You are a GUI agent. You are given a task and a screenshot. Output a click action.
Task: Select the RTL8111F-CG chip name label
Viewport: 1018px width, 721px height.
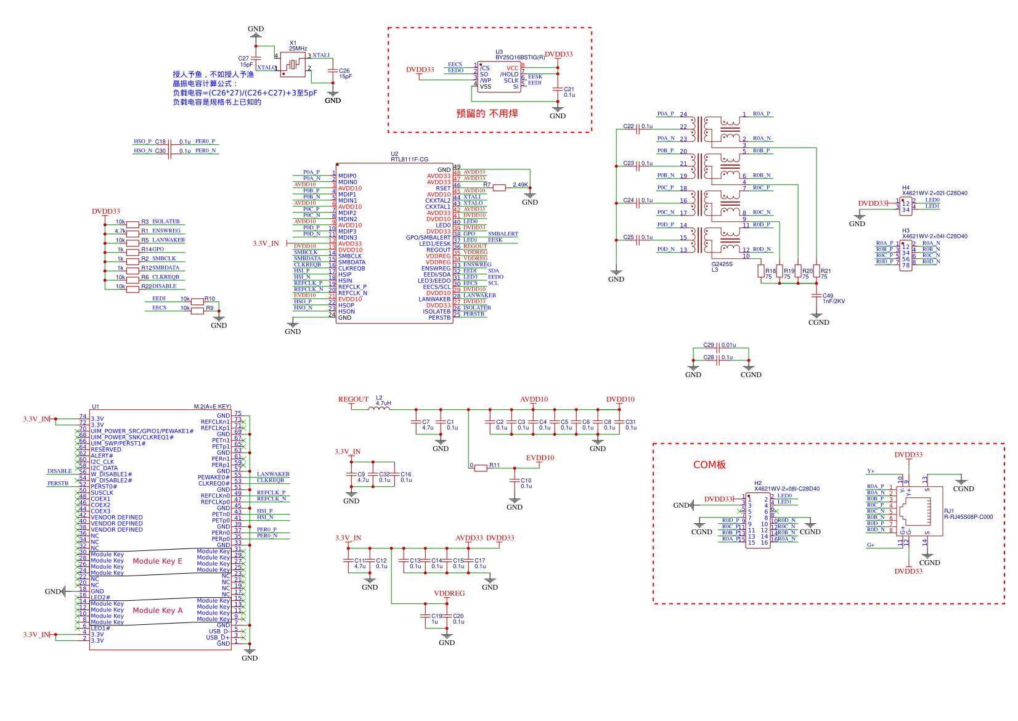click(409, 160)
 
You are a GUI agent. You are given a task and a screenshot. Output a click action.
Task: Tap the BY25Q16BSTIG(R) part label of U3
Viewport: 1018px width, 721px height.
click(520, 57)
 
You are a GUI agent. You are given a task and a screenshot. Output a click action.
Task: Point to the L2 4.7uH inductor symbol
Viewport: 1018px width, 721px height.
click(379, 408)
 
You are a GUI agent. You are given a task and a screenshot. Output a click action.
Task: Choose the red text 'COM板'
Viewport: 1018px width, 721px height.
click(709, 465)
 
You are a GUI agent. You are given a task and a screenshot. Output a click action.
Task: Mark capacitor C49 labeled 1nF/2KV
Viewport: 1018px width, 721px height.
click(816, 296)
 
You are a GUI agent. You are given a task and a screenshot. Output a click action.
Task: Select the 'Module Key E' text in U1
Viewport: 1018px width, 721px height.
click(157, 561)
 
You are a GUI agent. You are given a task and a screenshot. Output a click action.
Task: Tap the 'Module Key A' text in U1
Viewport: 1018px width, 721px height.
click(157, 611)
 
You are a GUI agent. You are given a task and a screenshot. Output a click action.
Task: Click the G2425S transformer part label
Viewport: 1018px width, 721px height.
click(722, 264)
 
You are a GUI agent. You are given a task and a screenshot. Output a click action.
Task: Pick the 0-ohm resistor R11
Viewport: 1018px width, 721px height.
click(481, 468)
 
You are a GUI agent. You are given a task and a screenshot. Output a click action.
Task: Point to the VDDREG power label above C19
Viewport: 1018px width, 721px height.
click(449, 594)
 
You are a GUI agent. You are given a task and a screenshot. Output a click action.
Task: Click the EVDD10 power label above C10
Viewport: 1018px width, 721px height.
click(540, 458)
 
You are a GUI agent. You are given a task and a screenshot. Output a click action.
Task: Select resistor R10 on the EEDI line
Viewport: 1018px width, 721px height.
click(197, 301)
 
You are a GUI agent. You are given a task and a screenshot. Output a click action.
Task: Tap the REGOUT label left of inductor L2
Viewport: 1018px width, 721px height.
click(353, 400)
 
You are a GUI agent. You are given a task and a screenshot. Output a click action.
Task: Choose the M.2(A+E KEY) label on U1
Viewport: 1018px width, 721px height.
click(212, 407)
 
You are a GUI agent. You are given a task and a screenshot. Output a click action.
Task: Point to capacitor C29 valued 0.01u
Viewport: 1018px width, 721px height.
click(719, 346)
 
